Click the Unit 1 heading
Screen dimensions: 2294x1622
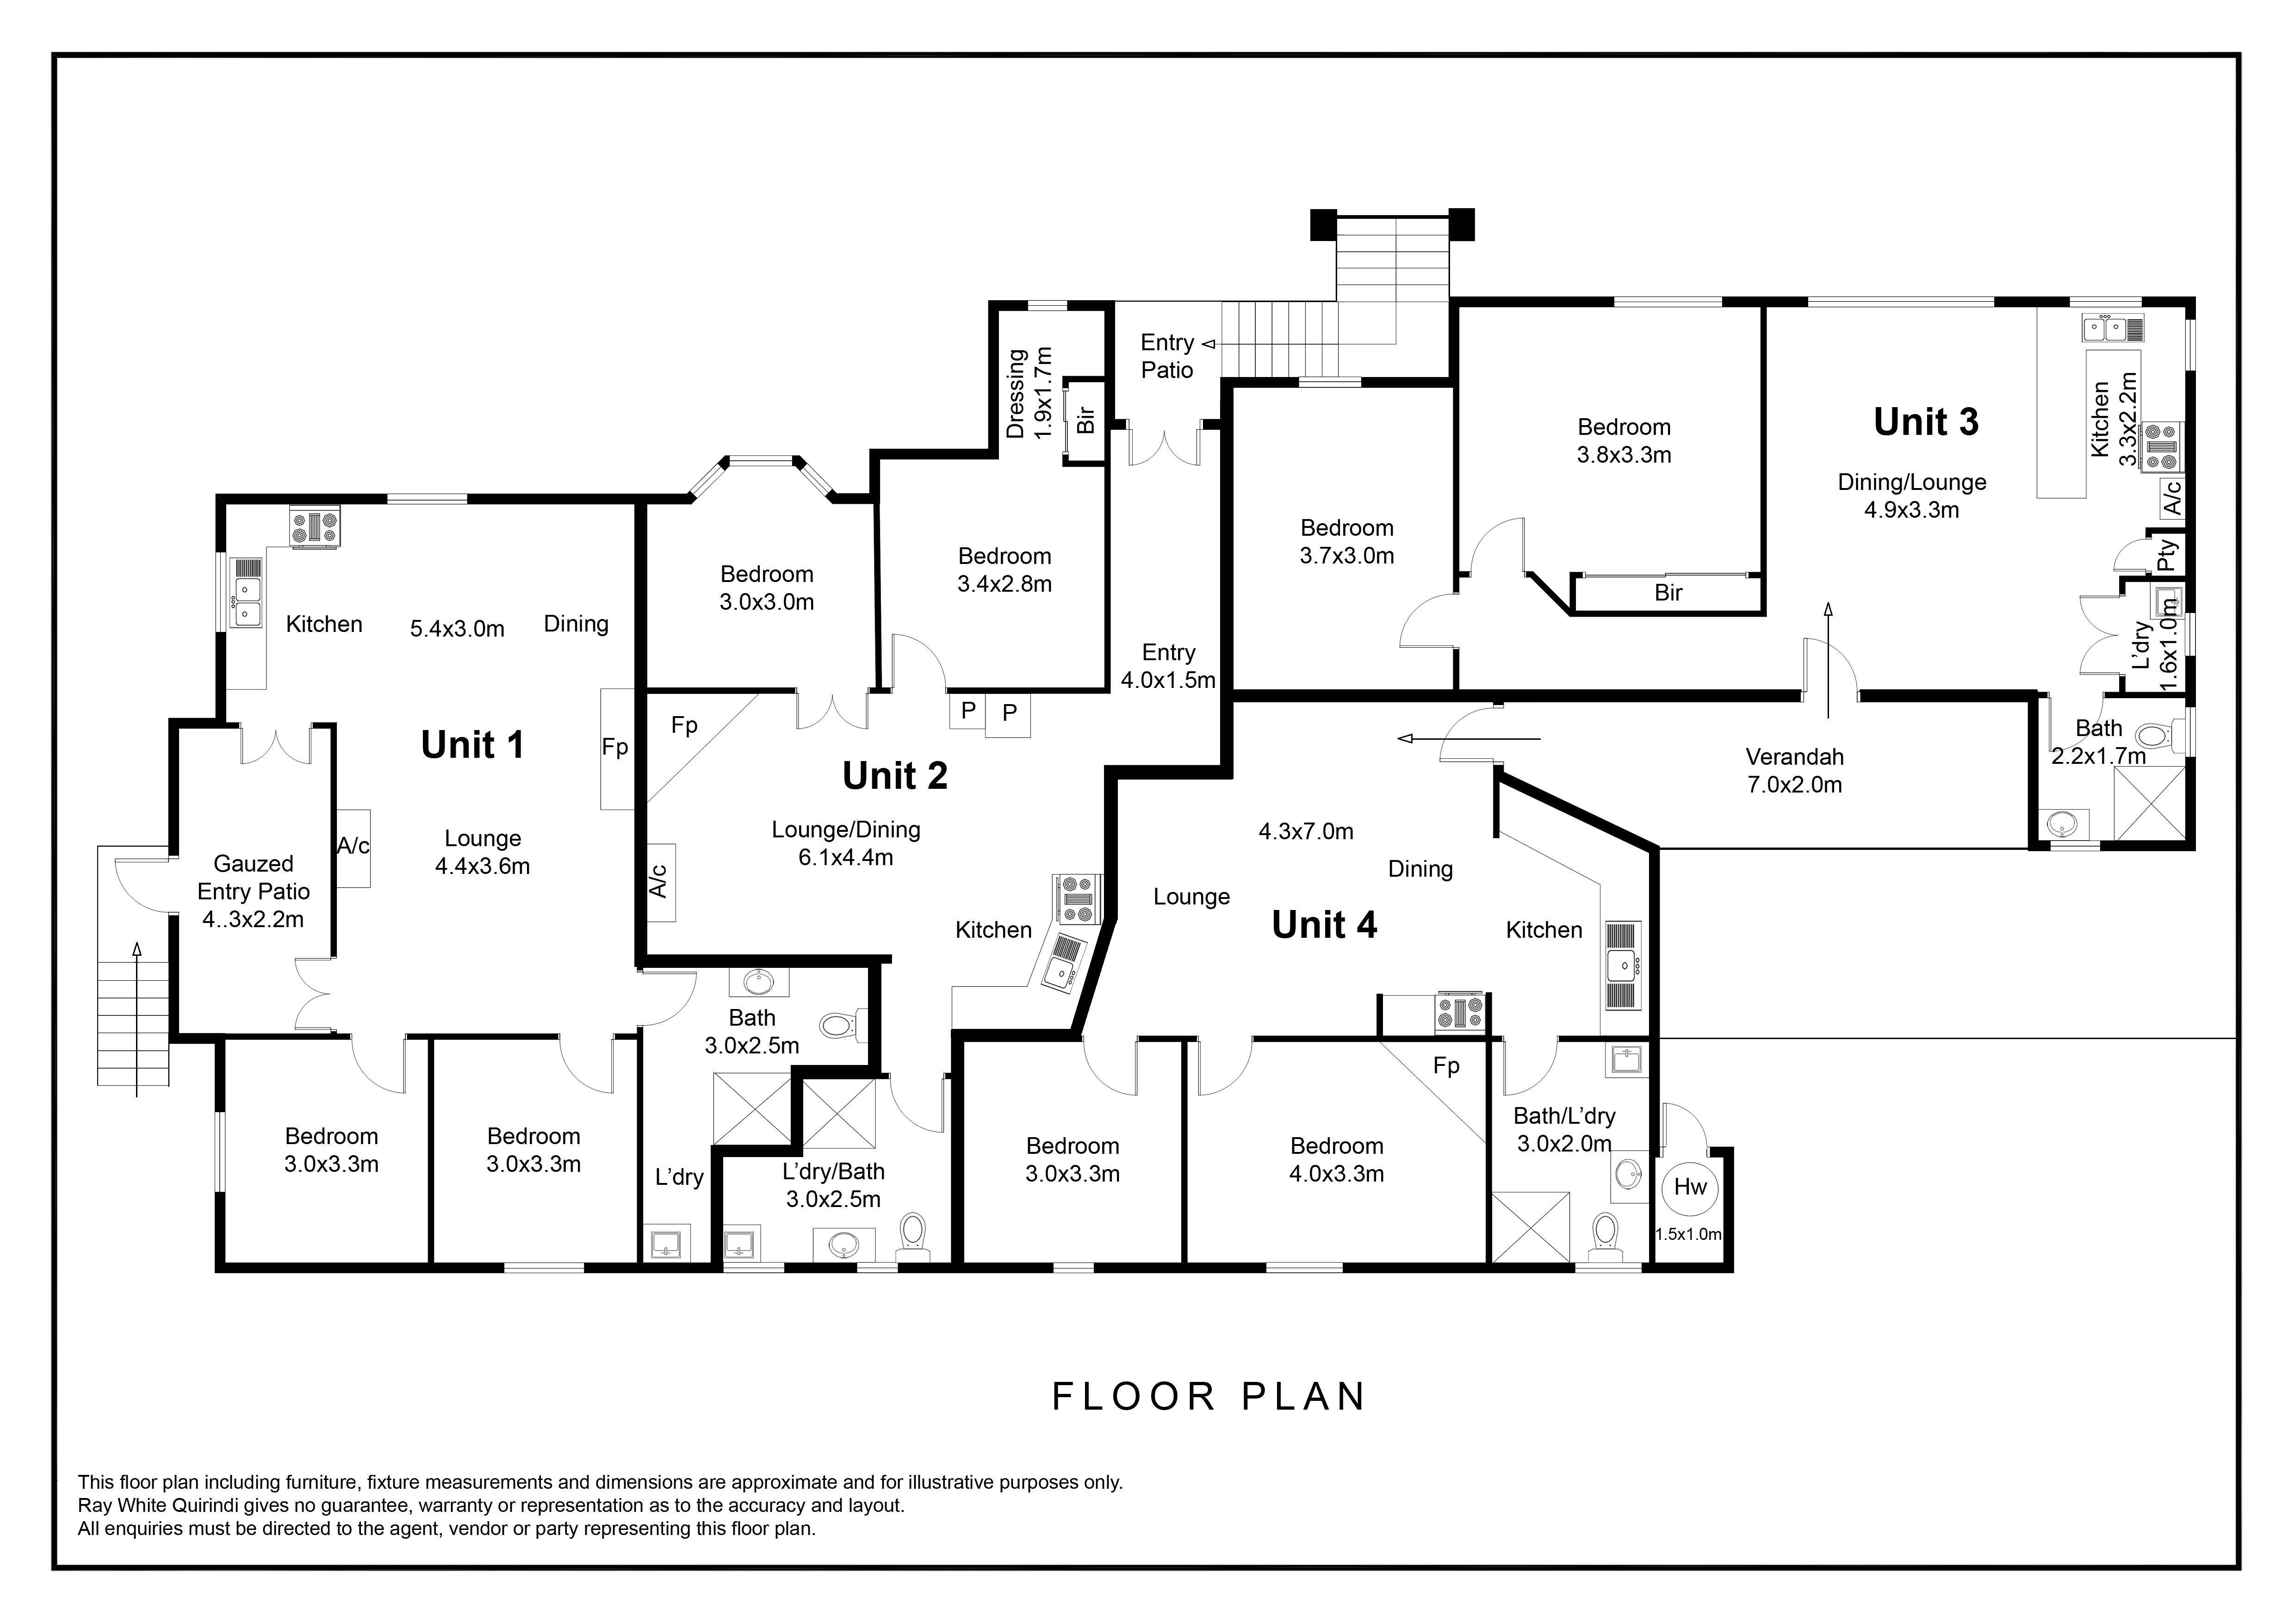pyautogui.click(x=472, y=745)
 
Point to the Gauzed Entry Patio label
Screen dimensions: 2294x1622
pyautogui.click(x=254, y=892)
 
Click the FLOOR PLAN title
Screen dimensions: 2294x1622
pyautogui.click(x=1209, y=1396)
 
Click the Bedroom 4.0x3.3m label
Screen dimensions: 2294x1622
pyautogui.click(x=1337, y=1159)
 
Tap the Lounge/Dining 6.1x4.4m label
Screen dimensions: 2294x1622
pyautogui.click(x=846, y=843)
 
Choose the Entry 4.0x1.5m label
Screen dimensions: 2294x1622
pyautogui.click(x=1168, y=666)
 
